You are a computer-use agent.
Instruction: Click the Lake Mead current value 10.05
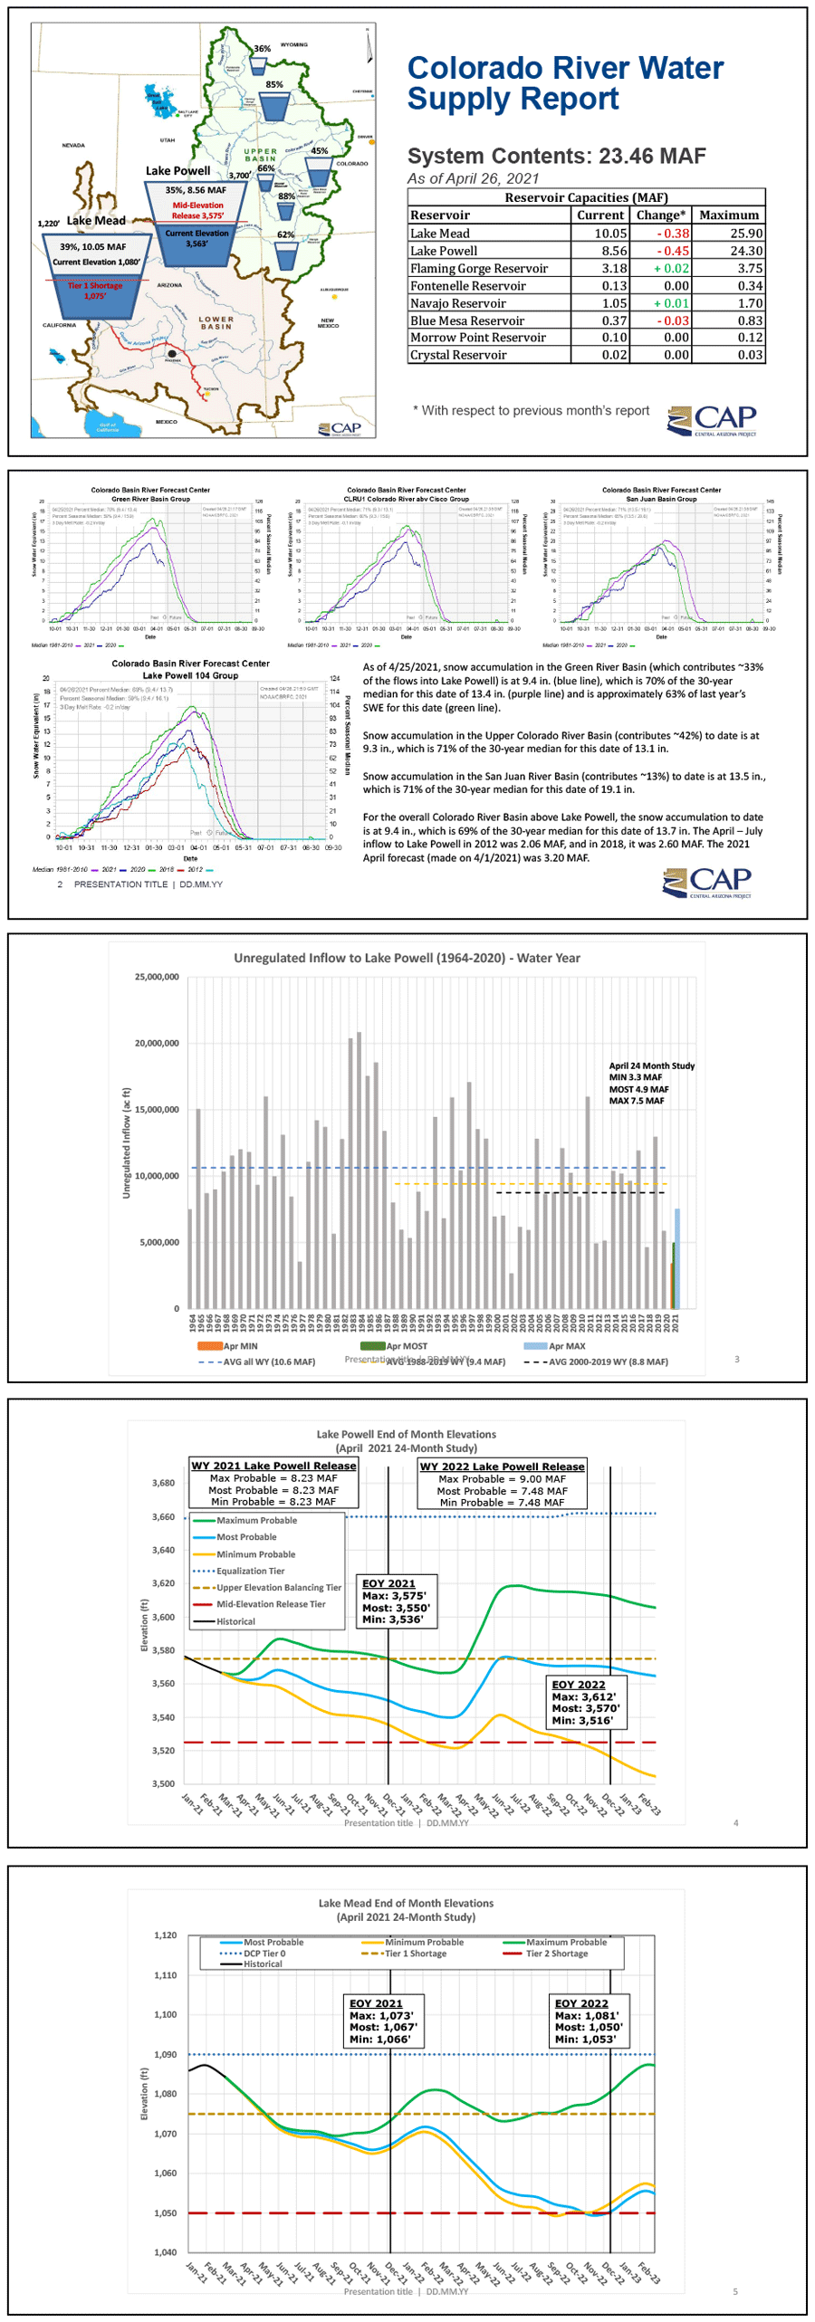[609, 233]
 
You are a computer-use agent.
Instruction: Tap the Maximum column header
[728, 215]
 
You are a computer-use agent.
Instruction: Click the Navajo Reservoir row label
[457, 303]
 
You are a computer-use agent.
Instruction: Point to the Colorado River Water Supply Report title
[564, 83]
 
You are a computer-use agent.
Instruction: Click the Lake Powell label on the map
[177, 171]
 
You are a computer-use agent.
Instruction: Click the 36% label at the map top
[262, 49]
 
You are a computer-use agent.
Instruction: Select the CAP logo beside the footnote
[712, 421]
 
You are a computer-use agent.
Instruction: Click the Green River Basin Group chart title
[150, 499]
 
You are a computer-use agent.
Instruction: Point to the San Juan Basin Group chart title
[661, 499]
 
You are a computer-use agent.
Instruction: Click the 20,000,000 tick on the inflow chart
[157, 1043]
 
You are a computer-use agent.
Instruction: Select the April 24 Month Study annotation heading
[651, 1065]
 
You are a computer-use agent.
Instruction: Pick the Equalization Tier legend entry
[250, 1571]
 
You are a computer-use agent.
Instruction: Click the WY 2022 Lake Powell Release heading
[502, 1466]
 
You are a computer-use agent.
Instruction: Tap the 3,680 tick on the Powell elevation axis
[163, 1483]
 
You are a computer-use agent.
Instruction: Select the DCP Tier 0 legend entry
[264, 1953]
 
